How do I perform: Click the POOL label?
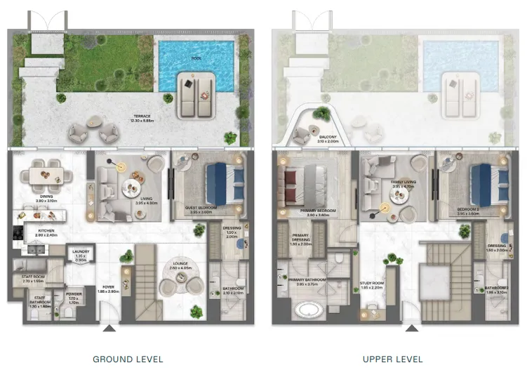coord(196,59)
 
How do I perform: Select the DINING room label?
coord(47,199)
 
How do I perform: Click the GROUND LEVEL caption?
coord(128,359)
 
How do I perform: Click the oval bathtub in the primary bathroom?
coord(307,309)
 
